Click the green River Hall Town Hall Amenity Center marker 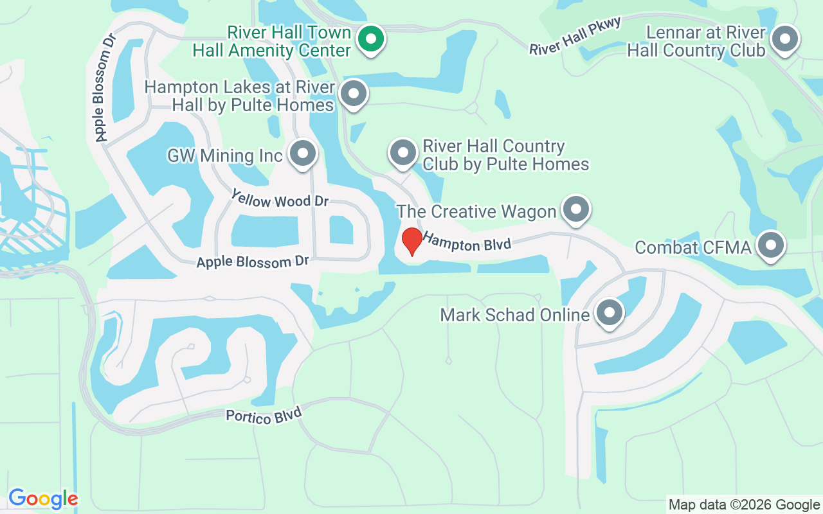[370, 39]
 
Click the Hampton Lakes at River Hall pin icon [353, 94]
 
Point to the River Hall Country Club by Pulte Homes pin [403, 153]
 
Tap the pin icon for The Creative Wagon [575, 209]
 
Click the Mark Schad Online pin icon [609, 313]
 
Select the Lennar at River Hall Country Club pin [784, 39]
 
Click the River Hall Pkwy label [575, 36]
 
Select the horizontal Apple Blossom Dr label [253, 261]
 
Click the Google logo [43, 499]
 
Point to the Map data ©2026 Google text [744, 504]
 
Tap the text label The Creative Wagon [476, 211]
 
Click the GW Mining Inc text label [224, 155]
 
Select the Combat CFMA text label [693, 247]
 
